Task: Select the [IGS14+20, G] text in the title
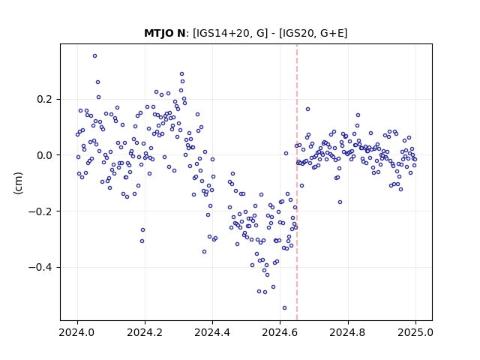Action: pos(230,33)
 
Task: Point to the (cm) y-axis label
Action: pos(18,183)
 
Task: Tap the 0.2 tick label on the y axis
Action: pos(46,99)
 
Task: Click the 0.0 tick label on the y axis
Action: pos(46,155)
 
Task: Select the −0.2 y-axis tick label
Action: pos(42,211)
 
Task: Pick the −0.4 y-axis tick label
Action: pos(42,267)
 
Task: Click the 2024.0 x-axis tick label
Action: pos(77,332)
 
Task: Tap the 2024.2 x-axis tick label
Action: pos(145,332)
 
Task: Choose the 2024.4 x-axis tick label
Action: pos(212,332)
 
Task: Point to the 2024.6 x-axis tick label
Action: pos(280,332)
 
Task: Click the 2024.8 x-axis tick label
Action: pos(348,332)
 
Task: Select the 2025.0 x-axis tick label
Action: pos(415,332)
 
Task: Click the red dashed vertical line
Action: pos(297,182)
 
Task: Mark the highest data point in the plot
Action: pos(95,56)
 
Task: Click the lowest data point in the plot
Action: pos(284,308)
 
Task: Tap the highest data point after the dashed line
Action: pos(307,109)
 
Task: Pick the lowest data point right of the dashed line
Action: pos(340,202)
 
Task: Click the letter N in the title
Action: pos(181,33)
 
